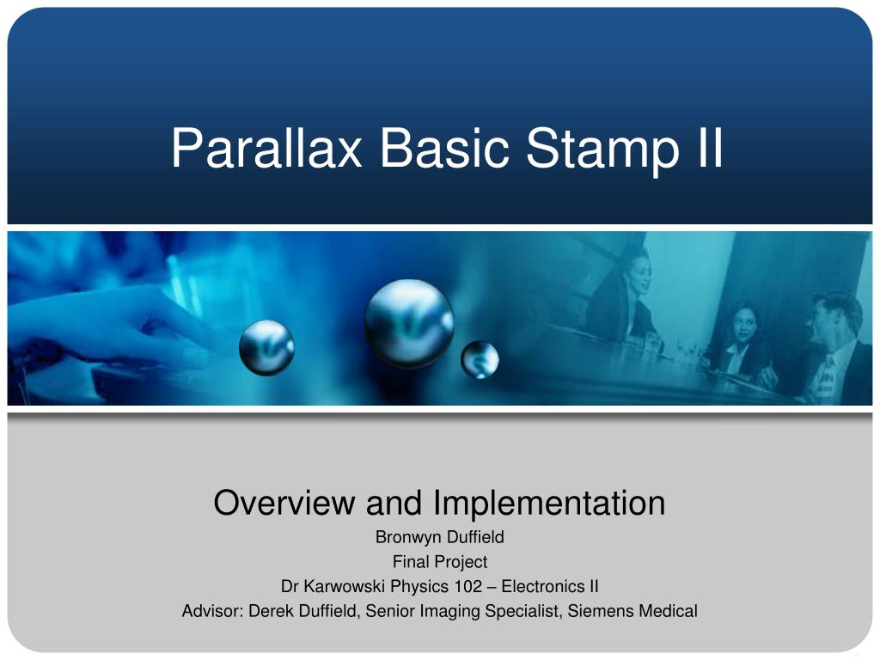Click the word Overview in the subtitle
(x=285, y=503)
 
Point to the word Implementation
(x=549, y=503)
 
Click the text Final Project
(x=440, y=562)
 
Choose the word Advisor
(x=212, y=612)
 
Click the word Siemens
(x=602, y=612)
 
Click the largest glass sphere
(x=409, y=322)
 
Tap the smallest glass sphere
(x=480, y=359)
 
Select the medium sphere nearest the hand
(x=266, y=346)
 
